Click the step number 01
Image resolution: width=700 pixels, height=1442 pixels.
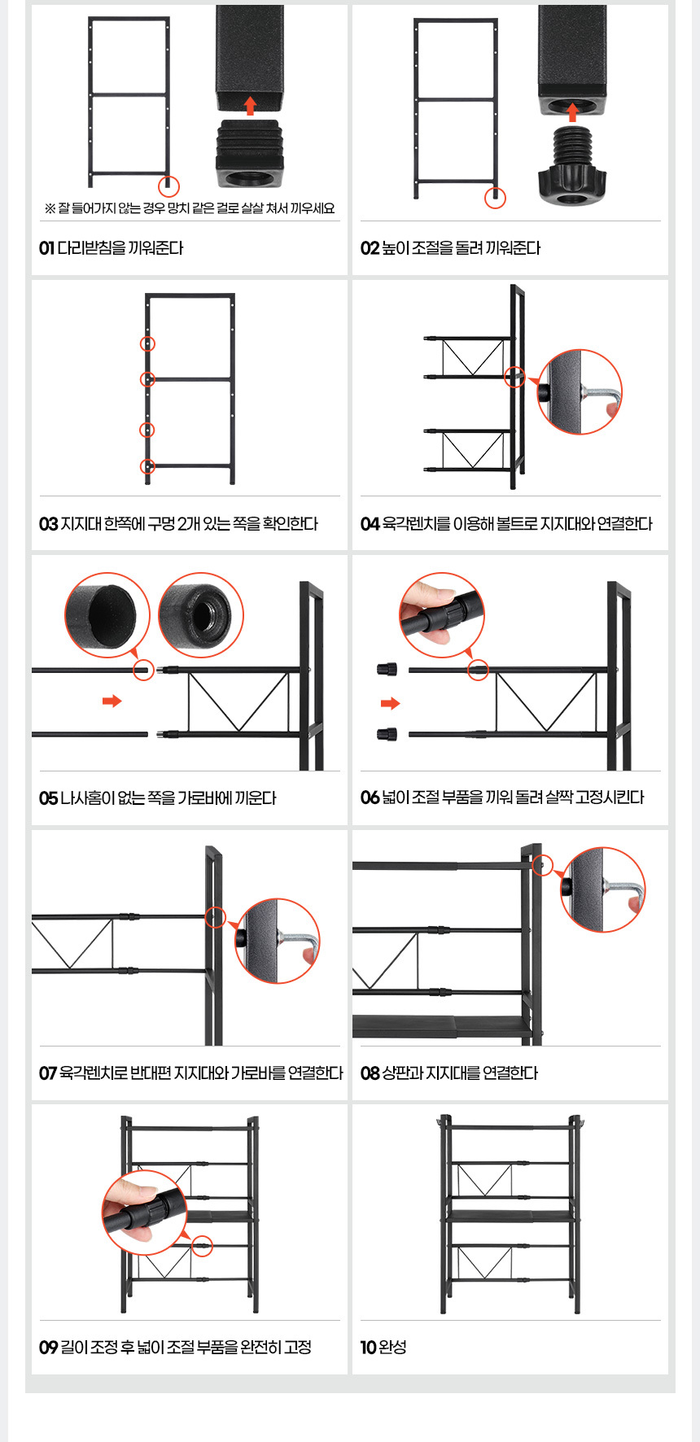coord(46,248)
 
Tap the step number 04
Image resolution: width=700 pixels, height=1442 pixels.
coord(370,524)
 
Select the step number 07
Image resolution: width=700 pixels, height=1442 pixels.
coord(48,1073)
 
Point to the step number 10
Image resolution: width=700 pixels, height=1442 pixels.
coord(368,1348)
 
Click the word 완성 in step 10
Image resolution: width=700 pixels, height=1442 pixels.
coord(393,1348)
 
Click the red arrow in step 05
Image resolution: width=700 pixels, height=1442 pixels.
coord(112,701)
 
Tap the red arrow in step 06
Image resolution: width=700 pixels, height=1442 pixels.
coord(391,703)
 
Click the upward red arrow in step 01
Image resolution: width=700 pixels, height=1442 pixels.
coord(250,105)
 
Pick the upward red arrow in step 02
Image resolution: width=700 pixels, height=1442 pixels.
coord(572,111)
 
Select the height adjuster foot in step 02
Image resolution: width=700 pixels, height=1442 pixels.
coord(573,165)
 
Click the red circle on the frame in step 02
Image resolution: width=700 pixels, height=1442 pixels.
coord(495,198)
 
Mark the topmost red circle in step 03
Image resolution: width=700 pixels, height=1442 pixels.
coord(147,344)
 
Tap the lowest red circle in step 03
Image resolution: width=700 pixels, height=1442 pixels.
coord(147,466)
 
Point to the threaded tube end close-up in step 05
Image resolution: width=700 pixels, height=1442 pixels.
coord(201,615)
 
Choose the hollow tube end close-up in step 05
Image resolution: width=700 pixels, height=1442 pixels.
coord(107,615)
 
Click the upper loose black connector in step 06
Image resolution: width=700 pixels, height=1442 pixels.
coord(387,670)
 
